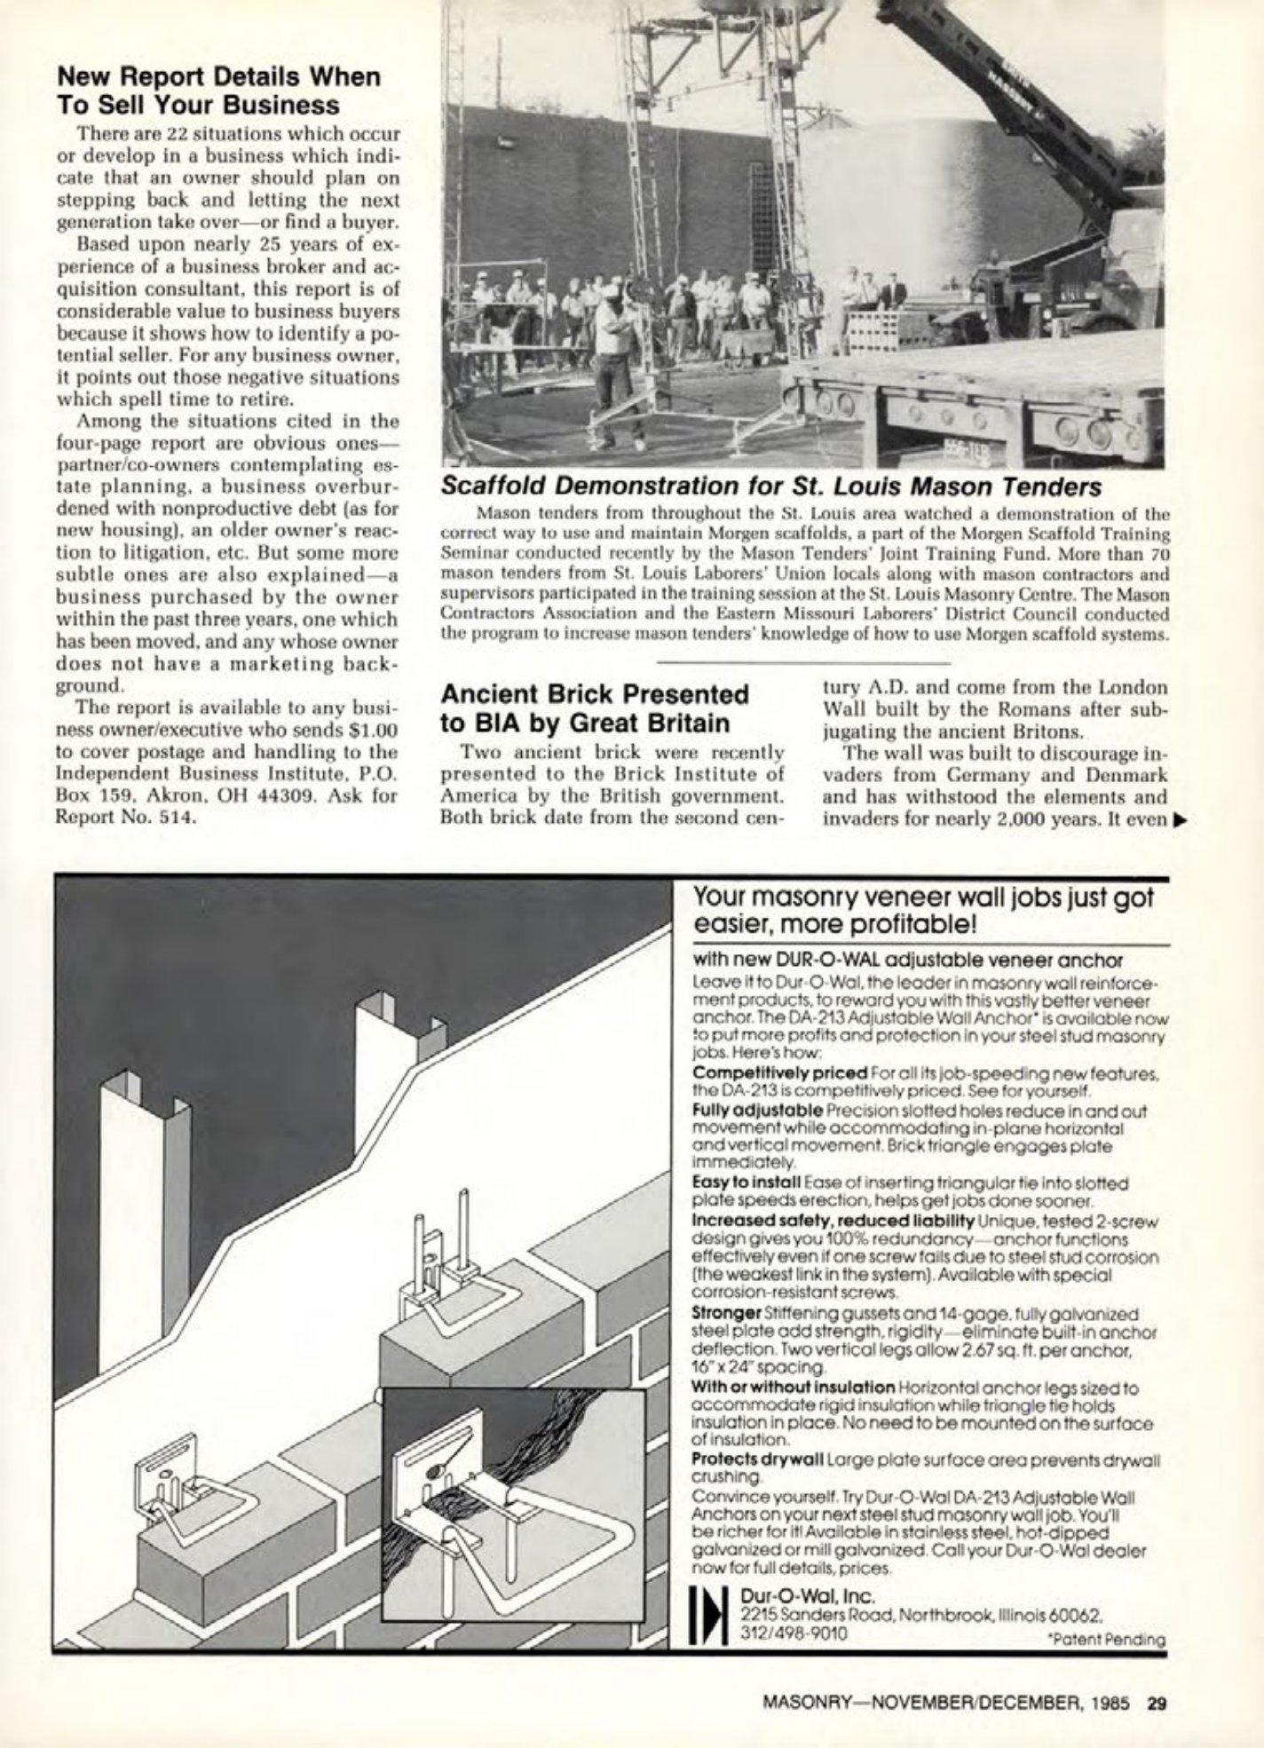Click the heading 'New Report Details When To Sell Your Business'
pyautogui.click(x=218, y=91)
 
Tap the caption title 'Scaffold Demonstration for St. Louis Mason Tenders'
pyautogui.click(x=770, y=487)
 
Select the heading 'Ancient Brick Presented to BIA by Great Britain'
pyautogui.click(x=595, y=708)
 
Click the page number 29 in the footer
pyautogui.click(x=1156, y=1703)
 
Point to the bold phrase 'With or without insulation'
pyautogui.click(x=793, y=1387)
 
